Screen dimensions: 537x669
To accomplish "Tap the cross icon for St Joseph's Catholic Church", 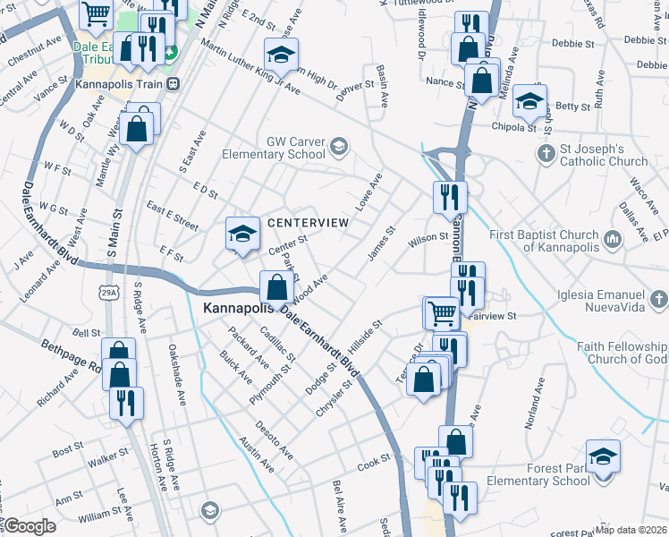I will click(545, 153).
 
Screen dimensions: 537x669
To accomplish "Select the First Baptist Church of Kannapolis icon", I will click(612, 239).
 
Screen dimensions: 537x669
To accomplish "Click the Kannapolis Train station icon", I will click(174, 84).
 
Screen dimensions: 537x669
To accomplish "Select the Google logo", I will click(30, 526).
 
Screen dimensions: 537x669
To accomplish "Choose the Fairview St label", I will click(499, 316).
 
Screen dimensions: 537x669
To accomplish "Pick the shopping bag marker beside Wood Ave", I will click(276, 288).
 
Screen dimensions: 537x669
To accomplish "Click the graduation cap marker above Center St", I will click(241, 234).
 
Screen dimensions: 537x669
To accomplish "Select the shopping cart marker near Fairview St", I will click(441, 313).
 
